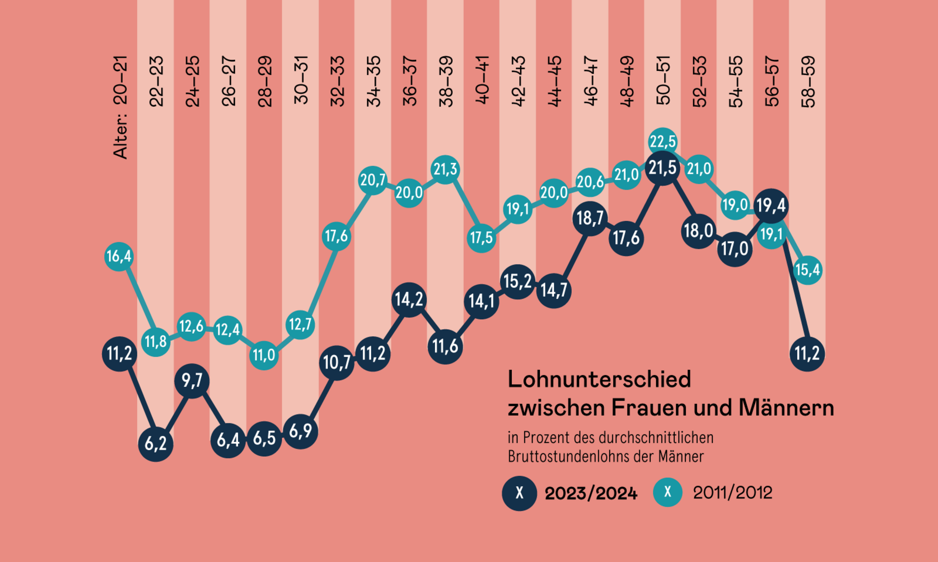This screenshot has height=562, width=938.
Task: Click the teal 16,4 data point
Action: tap(119, 256)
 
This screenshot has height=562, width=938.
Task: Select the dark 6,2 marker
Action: tap(155, 444)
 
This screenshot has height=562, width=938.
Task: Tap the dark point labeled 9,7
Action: tap(192, 381)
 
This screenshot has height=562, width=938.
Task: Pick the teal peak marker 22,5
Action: tap(662, 141)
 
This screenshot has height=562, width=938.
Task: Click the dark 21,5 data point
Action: tap(662, 168)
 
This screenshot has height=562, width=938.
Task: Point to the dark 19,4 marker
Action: tap(771, 206)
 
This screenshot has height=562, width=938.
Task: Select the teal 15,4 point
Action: tap(807, 270)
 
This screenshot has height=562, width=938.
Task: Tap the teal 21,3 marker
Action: tap(445, 169)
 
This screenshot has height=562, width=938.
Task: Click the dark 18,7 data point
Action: tap(589, 218)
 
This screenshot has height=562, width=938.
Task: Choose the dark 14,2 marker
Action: tap(409, 299)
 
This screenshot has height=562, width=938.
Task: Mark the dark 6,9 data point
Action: tap(300, 431)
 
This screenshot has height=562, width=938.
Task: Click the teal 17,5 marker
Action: tap(481, 238)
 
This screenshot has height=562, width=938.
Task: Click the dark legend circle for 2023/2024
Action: tap(519, 493)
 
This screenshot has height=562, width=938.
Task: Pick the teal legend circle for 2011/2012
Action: tap(668, 492)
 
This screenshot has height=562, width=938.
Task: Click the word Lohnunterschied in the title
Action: tap(599, 380)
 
